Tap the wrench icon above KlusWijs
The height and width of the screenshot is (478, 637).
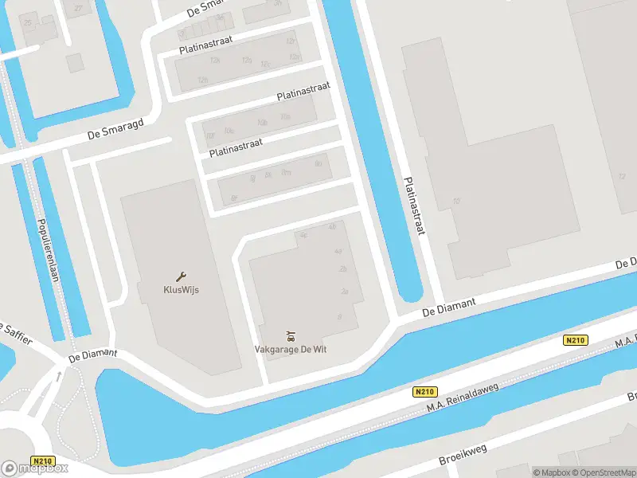(x=181, y=276)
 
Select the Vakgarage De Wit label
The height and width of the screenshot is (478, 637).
(x=291, y=349)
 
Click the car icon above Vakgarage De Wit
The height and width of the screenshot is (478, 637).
(x=291, y=335)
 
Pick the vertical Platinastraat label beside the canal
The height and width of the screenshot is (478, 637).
(x=414, y=206)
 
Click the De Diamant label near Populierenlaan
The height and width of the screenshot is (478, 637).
(x=93, y=354)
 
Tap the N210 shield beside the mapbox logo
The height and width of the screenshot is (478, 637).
(x=43, y=460)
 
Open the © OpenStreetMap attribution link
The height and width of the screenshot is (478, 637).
(x=603, y=472)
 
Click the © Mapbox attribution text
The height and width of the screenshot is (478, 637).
(x=552, y=472)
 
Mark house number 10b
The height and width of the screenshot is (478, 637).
(x=262, y=123)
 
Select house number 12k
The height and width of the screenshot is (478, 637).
(x=213, y=60)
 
